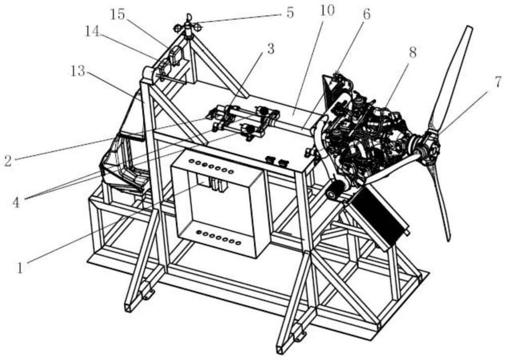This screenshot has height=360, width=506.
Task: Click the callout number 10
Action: (327, 11)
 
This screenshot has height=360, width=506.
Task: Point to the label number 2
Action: (7, 161)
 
